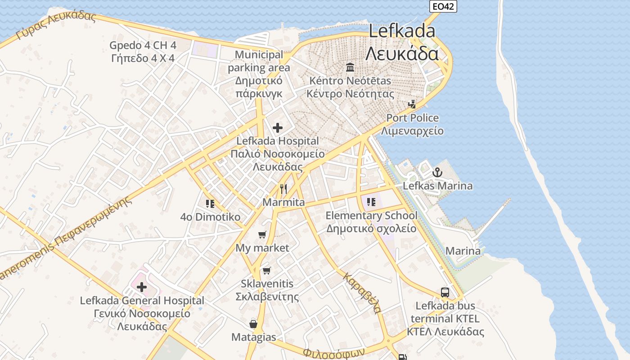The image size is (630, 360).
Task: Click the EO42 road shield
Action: pos(443,6)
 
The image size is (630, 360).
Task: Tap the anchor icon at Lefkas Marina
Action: pos(437,172)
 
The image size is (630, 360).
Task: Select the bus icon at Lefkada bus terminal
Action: pos(445,292)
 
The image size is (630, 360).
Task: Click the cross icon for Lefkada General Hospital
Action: pos(142,287)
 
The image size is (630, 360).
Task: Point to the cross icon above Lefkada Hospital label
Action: pos(278,128)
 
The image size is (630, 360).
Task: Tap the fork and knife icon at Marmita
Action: pos(283,189)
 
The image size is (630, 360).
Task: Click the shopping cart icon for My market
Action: pos(262,234)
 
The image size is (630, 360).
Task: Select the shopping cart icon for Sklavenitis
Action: pos(267,270)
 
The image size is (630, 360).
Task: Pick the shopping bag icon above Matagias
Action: pos(253,324)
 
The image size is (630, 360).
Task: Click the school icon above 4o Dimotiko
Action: pos(210,204)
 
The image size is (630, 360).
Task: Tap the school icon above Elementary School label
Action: pos(371,202)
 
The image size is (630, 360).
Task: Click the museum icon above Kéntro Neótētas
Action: pos(350,67)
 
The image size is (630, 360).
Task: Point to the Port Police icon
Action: pos(412,104)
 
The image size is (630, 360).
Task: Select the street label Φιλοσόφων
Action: pos(333,352)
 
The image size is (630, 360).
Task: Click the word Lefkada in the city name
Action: pos(402,31)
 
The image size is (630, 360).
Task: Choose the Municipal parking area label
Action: pos(259,61)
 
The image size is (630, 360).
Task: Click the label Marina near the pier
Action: pos(463,251)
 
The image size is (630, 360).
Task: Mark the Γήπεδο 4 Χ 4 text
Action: pos(143,58)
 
